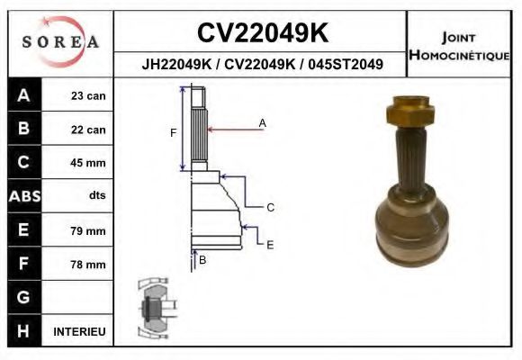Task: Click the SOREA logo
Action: pyautogui.click(x=60, y=42)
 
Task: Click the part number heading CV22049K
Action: pyautogui.click(x=262, y=33)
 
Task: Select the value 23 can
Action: pyautogui.click(x=89, y=95)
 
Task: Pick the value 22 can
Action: pyautogui.click(x=89, y=130)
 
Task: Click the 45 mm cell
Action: pyautogui.click(x=89, y=163)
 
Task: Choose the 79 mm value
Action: pyautogui.click(x=89, y=230)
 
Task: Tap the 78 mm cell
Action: pyautogui.click(x=89, y=265)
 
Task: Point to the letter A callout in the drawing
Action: pyautogui.click(x=263, y=121)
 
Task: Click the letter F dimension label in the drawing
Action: pyautogui.click(x=173, y=133)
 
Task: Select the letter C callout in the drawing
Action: pyautogui.click(x=270, y=208)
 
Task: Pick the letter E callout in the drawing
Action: pyautogui.click(x=270, y=244)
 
